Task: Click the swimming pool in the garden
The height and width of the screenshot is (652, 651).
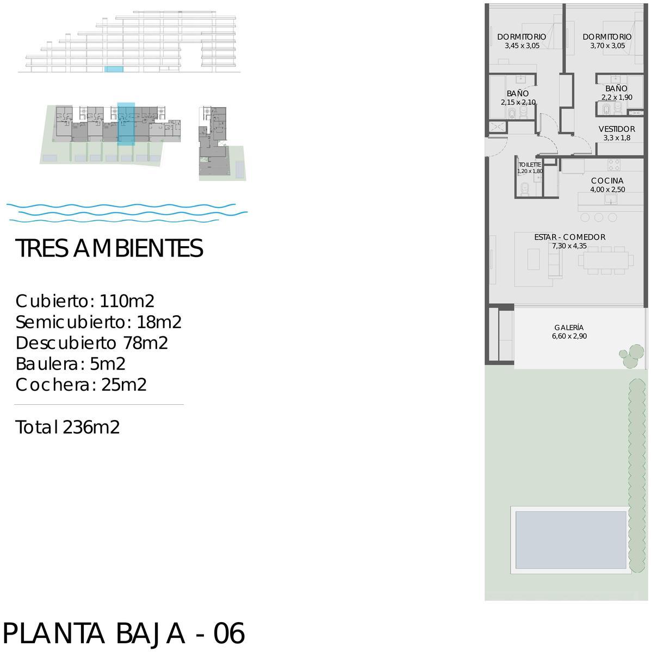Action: (571, 540)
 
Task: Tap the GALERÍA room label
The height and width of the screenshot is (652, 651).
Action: (569, 328)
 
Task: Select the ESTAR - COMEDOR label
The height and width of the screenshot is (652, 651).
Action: (570, 237)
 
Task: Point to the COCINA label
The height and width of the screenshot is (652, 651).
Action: (607, 181)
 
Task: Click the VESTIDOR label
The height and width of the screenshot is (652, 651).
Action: (616, 129)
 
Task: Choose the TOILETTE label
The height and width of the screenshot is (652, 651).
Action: (530, 165)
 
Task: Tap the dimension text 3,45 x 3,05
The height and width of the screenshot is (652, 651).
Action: (522, 46)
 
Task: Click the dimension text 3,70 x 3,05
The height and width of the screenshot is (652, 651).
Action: (607, 46)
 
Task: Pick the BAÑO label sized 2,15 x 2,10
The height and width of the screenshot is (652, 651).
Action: (518, 93)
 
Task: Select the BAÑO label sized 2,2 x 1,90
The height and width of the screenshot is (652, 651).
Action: (616, 89)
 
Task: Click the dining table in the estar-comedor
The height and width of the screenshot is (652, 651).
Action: (606, 260)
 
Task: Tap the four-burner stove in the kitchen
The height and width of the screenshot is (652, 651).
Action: (613, 165)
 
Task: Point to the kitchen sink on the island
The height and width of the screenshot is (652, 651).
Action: (610, 199)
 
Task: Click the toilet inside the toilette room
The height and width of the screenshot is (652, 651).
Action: (525, 189)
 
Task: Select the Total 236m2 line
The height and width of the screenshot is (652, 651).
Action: (67, 427)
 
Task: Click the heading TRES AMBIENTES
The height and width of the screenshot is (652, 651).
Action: (109, 248)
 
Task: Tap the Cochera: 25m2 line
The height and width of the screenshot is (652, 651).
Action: (81, 385)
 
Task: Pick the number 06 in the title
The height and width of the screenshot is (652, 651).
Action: (229, 633)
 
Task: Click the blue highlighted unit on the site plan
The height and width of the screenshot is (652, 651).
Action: (126, 124)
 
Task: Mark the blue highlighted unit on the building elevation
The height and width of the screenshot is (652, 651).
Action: (114, 70)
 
